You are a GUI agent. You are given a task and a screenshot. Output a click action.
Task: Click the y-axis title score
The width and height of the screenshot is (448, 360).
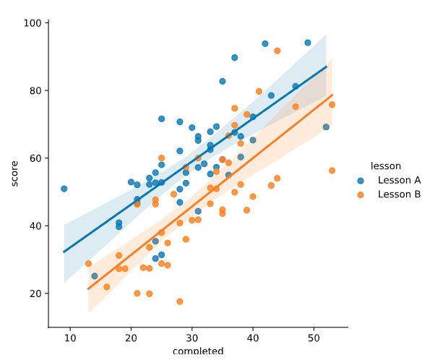point(15,173)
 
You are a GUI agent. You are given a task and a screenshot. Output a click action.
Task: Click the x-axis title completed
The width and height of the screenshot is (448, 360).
point(198,352)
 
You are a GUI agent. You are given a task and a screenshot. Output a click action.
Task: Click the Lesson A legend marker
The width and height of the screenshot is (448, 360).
point(361,180)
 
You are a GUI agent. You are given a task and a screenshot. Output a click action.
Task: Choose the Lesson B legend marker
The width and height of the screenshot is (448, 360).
point(361,194)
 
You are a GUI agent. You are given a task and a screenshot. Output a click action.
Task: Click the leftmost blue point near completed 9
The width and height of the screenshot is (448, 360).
point(64,189)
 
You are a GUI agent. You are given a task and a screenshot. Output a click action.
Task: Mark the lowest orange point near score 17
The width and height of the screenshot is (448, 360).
point(180,301)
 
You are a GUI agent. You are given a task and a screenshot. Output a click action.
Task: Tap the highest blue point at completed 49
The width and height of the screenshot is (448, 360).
point(308,43)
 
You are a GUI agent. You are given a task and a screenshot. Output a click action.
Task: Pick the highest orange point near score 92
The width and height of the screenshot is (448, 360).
point(277,51)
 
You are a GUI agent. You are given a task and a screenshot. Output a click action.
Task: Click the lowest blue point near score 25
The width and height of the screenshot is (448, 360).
point(95,276)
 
